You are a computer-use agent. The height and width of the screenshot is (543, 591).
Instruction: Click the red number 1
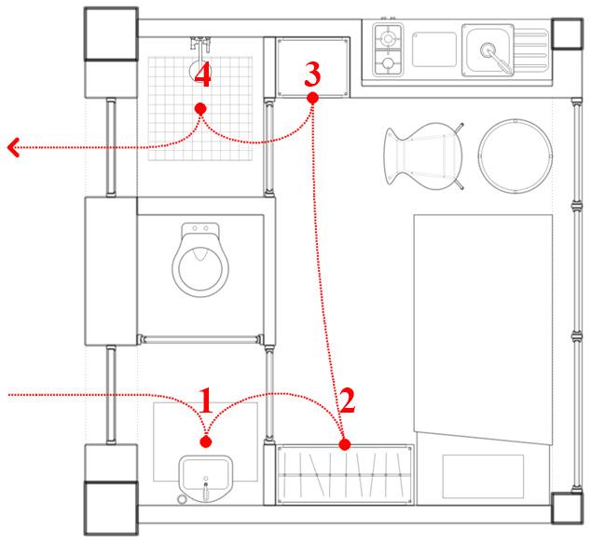[206, 400]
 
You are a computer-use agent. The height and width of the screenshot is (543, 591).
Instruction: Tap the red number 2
[346, 400]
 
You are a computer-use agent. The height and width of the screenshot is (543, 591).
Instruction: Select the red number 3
[313, 71]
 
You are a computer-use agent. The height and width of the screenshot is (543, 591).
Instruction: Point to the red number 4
[202, 76]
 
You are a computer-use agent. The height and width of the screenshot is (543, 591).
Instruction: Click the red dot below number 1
[206, 441]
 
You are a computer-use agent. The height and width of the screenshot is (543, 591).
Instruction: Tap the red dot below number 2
[345, 445]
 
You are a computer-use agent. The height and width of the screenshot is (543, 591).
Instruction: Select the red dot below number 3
[313, 97]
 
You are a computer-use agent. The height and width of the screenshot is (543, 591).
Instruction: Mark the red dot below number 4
[199, 109]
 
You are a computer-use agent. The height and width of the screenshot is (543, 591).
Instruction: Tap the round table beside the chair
[512, 155]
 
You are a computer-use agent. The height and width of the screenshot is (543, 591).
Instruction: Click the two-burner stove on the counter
[387, 50]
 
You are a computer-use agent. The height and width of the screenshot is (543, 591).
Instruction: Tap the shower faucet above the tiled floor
[199, 43]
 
